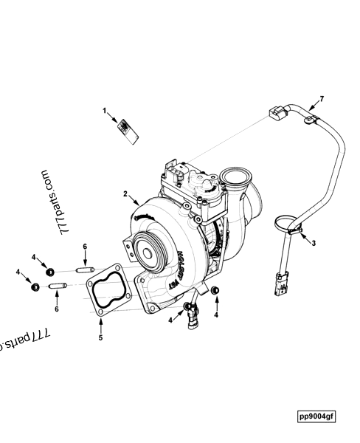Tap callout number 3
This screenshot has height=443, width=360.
pyautogui.click(x=314, y=242)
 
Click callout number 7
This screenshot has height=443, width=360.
pyautogui.click(x=321, y=98)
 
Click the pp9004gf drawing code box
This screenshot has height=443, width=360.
pyautogui.click(x=316, y=417)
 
